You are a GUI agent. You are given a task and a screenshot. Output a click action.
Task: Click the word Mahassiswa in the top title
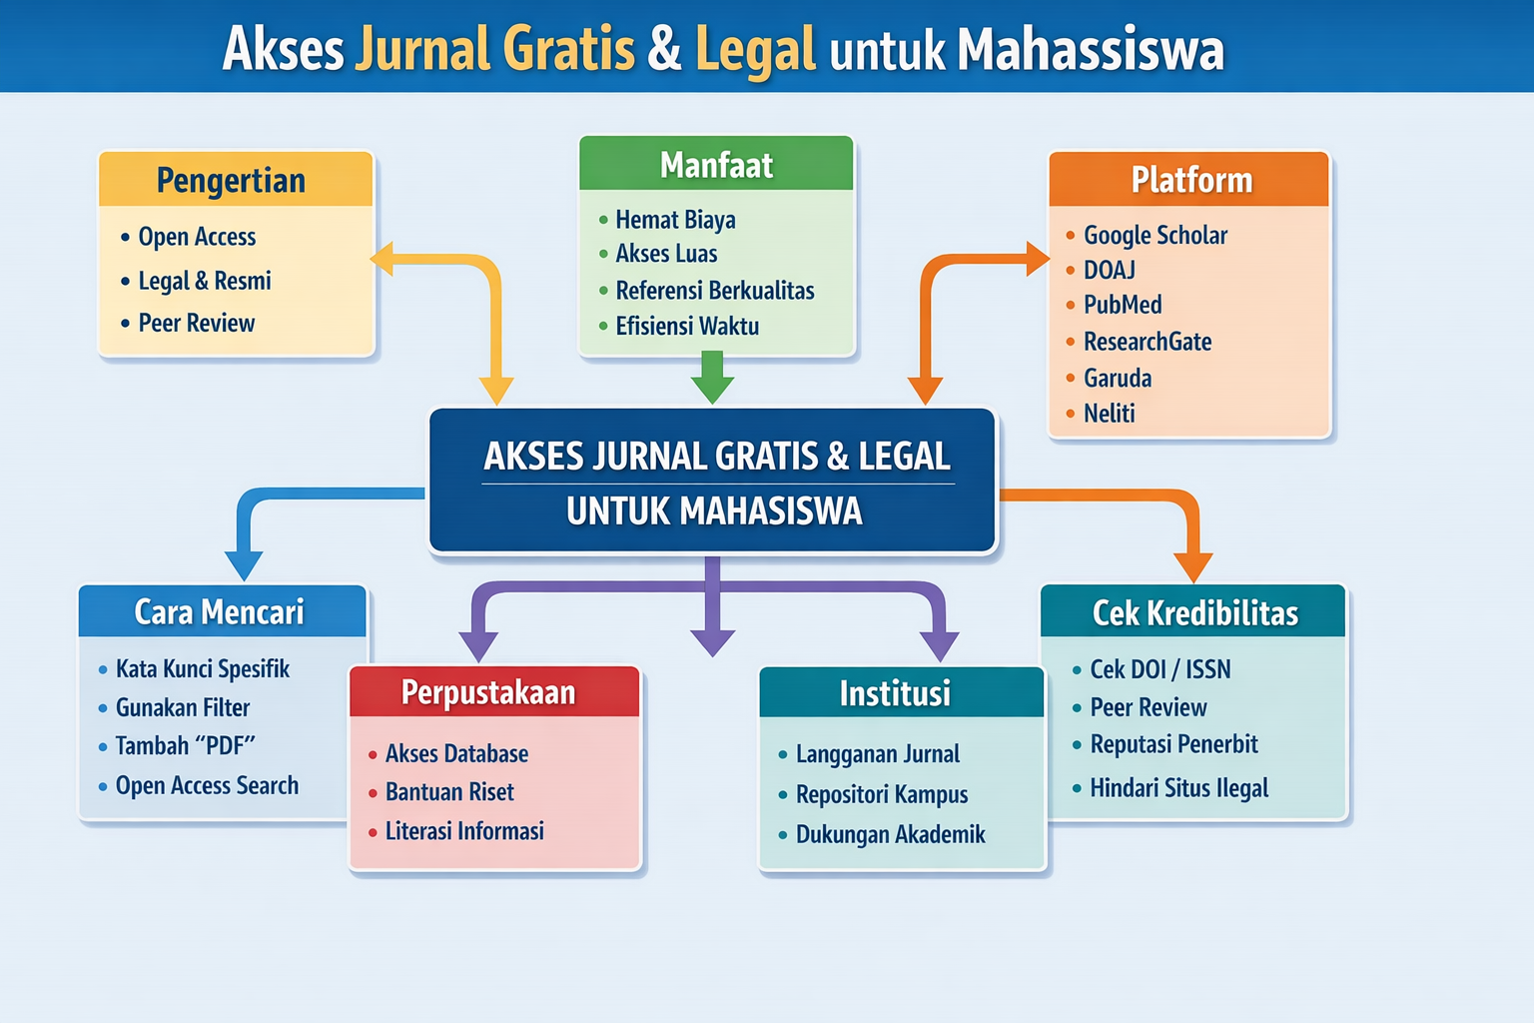click(1091, 49)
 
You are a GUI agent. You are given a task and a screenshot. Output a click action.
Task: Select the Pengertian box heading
click(231, 181)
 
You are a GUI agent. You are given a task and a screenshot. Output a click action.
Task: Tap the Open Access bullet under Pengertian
click(197, 237)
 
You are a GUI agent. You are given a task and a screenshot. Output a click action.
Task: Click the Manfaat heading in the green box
click(716, 165)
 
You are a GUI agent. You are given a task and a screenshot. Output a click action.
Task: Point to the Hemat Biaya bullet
click(675, 220)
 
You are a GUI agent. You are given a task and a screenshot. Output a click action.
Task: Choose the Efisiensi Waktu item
click(687, 327)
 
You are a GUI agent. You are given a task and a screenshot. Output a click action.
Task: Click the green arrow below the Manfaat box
click(712, 377)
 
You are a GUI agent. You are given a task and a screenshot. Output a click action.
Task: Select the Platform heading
click(1191, 180)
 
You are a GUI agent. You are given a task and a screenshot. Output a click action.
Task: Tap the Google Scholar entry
click(1155, 236)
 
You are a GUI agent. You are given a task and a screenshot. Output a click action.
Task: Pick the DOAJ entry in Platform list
click(1110, 271)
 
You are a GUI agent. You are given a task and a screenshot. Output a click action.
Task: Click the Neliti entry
click(1110, 414)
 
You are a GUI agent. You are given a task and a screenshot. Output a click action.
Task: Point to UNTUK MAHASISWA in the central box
click(714, 511)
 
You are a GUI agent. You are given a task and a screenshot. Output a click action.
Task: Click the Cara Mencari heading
click(220, 611)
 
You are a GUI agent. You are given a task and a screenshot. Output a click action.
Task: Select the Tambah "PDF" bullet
click(186, 746)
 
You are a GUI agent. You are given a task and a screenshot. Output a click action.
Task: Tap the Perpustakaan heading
click(488, 692)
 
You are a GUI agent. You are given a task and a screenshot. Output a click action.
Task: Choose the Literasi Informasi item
click(464, 831)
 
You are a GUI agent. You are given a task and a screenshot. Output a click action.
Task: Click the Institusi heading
click(895, 693)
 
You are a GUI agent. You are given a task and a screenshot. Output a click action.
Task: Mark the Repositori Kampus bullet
click(882, 795)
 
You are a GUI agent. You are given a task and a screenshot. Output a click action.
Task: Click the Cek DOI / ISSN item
click(1159, 669)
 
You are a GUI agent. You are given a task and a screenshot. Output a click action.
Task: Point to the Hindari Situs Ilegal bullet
click(1178, 788)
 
